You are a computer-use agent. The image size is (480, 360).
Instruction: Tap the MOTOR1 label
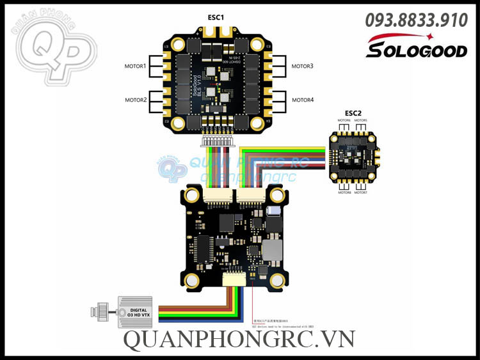coord(135,66)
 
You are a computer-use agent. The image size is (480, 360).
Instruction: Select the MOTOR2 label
coord(135,100)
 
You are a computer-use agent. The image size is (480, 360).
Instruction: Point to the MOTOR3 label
coord(303,66)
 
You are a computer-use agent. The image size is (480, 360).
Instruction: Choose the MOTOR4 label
coord(303,100)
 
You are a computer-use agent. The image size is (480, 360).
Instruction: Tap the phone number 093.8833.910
coord(416,20)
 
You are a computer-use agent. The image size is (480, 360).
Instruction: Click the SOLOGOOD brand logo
coord(416,46)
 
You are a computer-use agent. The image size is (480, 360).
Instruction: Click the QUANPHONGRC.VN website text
coord(239,340)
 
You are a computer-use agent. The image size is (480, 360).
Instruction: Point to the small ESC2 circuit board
coord(353,156)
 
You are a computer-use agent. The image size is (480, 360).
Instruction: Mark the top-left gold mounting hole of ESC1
coord(169,45)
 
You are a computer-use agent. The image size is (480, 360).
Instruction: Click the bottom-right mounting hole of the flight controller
coord(278,279)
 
